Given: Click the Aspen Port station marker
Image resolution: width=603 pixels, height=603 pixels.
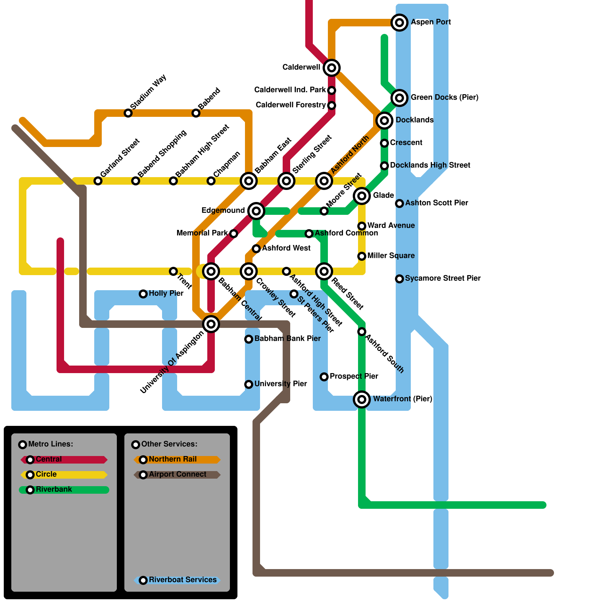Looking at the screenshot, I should [399, 23].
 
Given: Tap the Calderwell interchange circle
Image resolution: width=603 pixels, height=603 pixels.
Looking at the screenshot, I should [332, 68].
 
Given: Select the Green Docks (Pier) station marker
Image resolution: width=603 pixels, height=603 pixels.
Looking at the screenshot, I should [399, 98].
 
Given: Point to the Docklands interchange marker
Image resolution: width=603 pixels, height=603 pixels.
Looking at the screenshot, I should [384, 121].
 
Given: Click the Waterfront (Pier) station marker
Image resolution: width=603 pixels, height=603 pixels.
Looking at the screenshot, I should [362, 399].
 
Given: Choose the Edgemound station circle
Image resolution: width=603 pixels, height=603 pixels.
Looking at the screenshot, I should [256, 211].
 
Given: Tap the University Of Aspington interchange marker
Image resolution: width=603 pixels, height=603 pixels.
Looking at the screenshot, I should [211, 324].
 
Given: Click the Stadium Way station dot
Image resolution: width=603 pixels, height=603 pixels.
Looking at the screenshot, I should [128, 113].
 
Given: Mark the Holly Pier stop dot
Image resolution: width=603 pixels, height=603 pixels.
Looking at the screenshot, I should [143, 294].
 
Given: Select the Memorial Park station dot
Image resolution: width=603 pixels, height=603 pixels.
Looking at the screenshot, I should [234, 234].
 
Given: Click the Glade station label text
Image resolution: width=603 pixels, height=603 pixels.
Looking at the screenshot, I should [383, 195].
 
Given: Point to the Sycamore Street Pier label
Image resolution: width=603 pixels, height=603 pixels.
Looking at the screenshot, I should [443, 278].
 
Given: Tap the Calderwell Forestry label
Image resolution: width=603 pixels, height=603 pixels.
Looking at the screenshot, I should [291, 105].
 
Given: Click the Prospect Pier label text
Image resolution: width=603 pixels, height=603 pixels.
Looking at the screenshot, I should [354, 376].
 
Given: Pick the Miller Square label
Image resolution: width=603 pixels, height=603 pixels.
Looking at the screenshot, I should [391, 256].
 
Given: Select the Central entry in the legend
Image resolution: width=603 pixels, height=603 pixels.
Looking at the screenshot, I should [49, 459].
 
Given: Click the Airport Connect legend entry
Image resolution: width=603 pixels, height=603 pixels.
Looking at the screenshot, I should [178, 474].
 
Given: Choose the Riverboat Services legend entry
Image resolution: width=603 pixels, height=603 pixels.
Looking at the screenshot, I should [183, 580].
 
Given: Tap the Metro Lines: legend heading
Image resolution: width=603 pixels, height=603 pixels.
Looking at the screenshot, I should [51, 444].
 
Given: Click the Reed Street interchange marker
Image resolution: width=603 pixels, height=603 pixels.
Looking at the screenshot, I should [324, 271].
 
